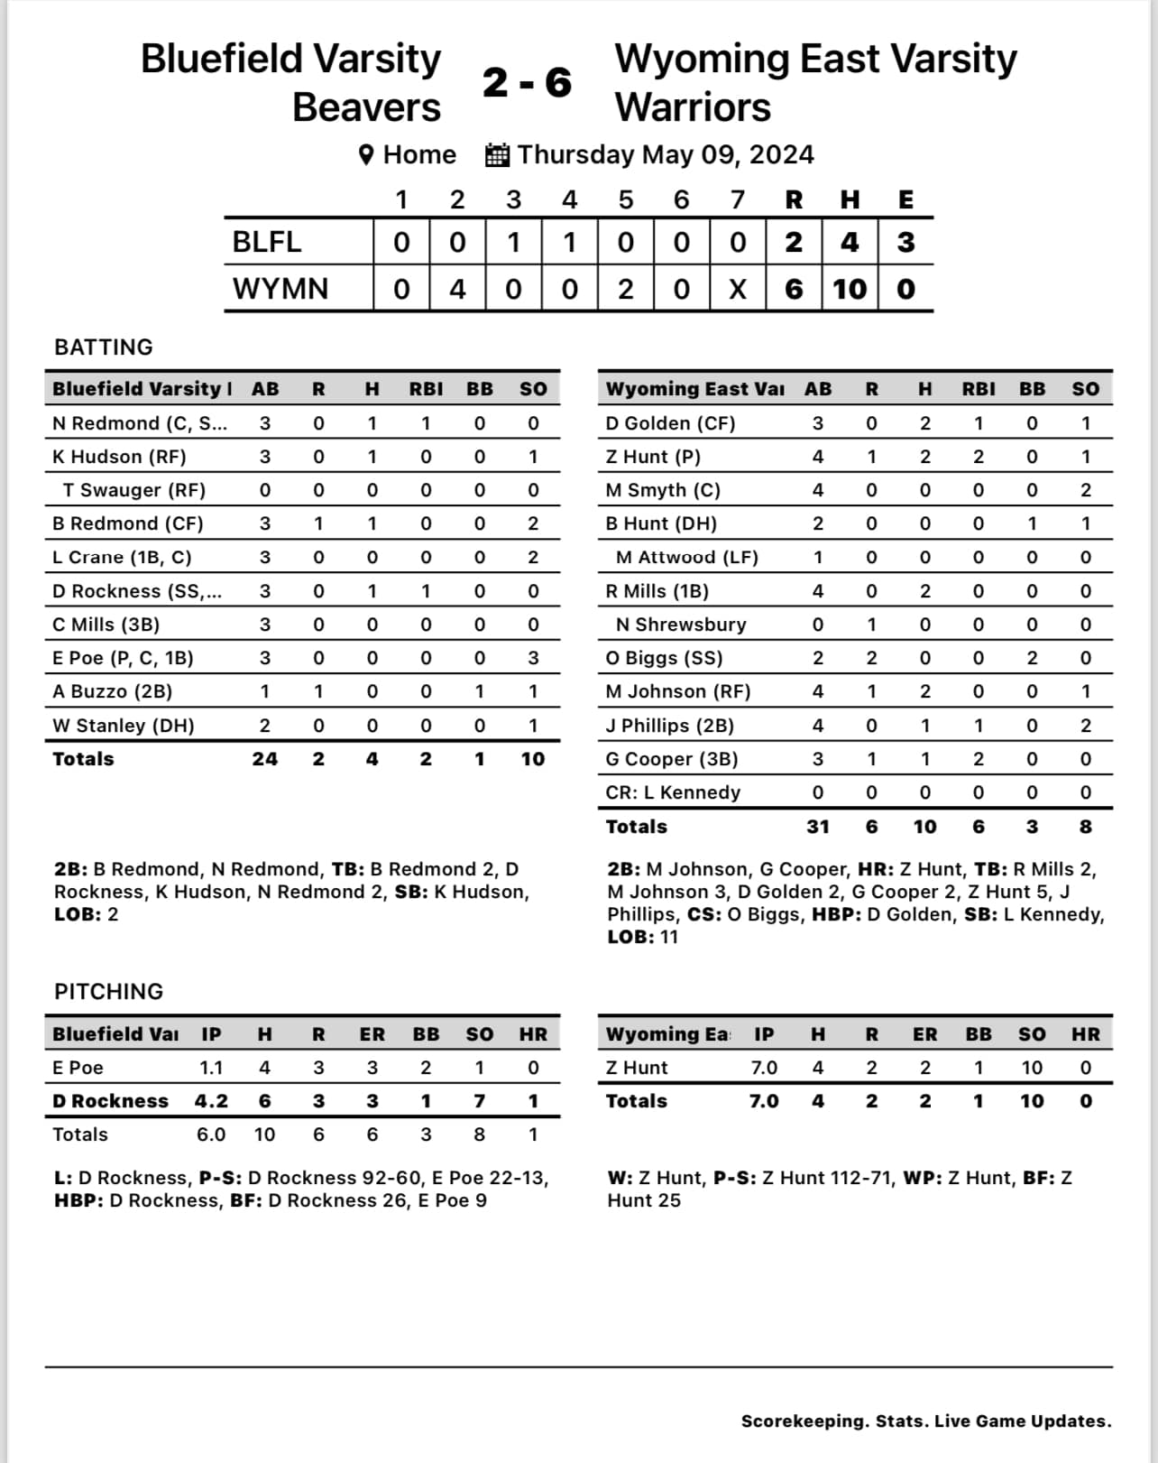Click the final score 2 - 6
[x=527, y=82]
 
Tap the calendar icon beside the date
[x=497, y=155]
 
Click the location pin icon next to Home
[x=366, y=155]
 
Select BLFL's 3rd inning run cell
[x=513, y=242]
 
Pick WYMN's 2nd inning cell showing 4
[x=457, y=289]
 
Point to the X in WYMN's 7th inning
[x=737, y=289]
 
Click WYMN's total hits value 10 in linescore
[x=850, y=289]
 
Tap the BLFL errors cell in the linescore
[x=905, y=242]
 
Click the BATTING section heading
[x=104, y=347]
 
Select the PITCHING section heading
[x=109, y=992]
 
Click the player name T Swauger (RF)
[x=134, y=490]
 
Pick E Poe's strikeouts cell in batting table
[x=533, y=658]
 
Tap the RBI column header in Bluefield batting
[x=426, y=389]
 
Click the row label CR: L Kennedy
[x=673, y=792]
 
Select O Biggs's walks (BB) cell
[x=1032, y=658]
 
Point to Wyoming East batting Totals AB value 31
[x=818, y=827]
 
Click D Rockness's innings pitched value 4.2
[x=211, y=1101]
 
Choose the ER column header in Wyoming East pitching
[x=924, y=1034]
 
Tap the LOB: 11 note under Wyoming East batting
[x=642, y=937]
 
